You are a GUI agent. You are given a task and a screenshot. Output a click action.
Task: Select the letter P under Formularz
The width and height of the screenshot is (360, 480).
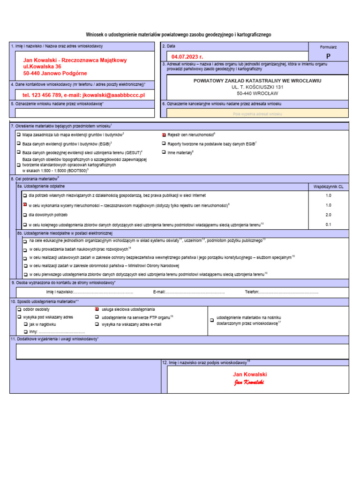[x=328, y=56]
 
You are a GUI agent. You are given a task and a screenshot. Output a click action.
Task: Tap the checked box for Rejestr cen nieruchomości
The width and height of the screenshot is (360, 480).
[x=164, y=135]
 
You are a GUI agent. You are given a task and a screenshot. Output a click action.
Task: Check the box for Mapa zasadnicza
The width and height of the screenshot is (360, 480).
[x=19, y=135]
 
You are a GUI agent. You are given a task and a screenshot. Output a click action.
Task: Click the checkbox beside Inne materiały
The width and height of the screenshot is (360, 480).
[x=164, y=152]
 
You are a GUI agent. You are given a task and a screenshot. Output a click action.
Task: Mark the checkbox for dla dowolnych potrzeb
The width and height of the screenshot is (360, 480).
[x=25, y=215]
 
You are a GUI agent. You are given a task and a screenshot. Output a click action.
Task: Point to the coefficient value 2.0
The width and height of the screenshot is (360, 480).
[x=328, y=215]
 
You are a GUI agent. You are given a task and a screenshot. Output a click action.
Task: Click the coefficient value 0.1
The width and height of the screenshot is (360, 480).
[x=328, y=225]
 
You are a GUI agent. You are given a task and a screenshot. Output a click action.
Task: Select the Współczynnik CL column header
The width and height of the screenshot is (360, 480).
[x=328, y=186]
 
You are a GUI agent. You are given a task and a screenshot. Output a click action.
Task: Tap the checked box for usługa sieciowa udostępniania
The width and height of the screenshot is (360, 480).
[x=97, y=309]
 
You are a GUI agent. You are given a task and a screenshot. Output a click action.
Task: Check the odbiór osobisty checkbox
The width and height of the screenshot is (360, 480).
[x=19, y=309]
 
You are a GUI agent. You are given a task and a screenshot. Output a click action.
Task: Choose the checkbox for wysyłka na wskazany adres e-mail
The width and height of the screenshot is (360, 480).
[x=97, y=324]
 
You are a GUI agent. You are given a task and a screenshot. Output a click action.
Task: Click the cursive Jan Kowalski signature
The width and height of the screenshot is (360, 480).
[x=250, y=382]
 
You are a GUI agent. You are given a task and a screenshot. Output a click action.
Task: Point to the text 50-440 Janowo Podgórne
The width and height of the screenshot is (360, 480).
[x=55, y=74]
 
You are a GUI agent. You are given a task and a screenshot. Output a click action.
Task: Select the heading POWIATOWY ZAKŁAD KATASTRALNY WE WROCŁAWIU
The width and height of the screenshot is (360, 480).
[x=257, y=81]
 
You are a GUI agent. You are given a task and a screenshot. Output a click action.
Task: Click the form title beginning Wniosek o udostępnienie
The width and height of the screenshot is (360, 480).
[x=178, y=35]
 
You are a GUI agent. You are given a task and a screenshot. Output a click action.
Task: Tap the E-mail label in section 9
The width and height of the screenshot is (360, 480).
[x=159, y=292]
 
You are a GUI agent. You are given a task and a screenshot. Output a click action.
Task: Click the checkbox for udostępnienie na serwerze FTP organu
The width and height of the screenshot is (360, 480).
[x=97, y=317]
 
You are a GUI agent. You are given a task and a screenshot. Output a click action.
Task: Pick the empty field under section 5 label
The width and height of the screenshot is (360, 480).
[x=84, y=113]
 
